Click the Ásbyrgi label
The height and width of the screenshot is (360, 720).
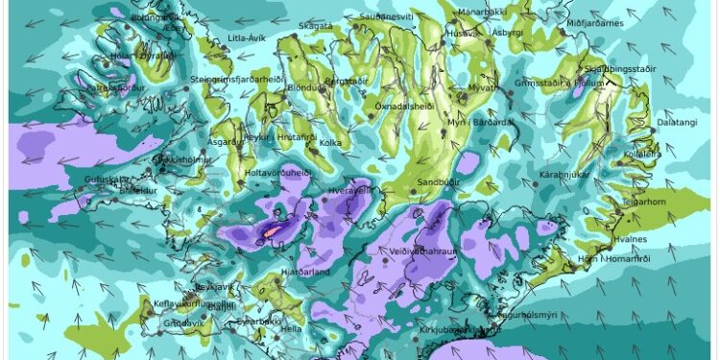coord(507,32)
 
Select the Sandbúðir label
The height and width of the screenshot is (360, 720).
coord(441,181)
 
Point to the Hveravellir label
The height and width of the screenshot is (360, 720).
coord(352,190)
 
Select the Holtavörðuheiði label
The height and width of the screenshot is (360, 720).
coord(278,173)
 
